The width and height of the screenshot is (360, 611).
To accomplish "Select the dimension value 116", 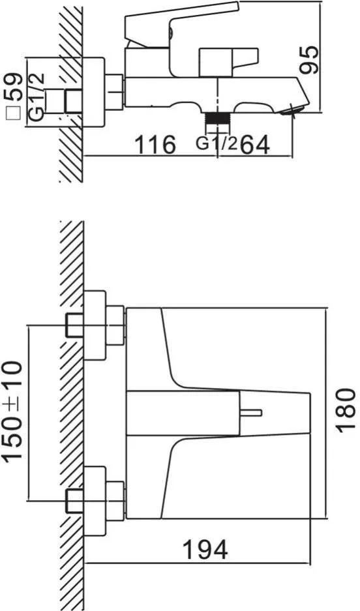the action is pyautogui.click(x=155, y=145).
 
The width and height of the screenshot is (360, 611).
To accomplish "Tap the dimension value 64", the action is pyautogui.click(x=255, y=145).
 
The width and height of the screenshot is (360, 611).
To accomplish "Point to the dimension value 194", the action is pyautogui.click(x=205, y=550).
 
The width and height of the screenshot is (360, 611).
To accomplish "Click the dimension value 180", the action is pyautogui.click(x=345, y=410).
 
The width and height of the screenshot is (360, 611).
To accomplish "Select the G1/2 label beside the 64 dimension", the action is pyautogui.click(x=217, y=144).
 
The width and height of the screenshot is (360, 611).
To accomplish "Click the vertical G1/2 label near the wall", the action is pyautogui.click(x=37, y=97).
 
